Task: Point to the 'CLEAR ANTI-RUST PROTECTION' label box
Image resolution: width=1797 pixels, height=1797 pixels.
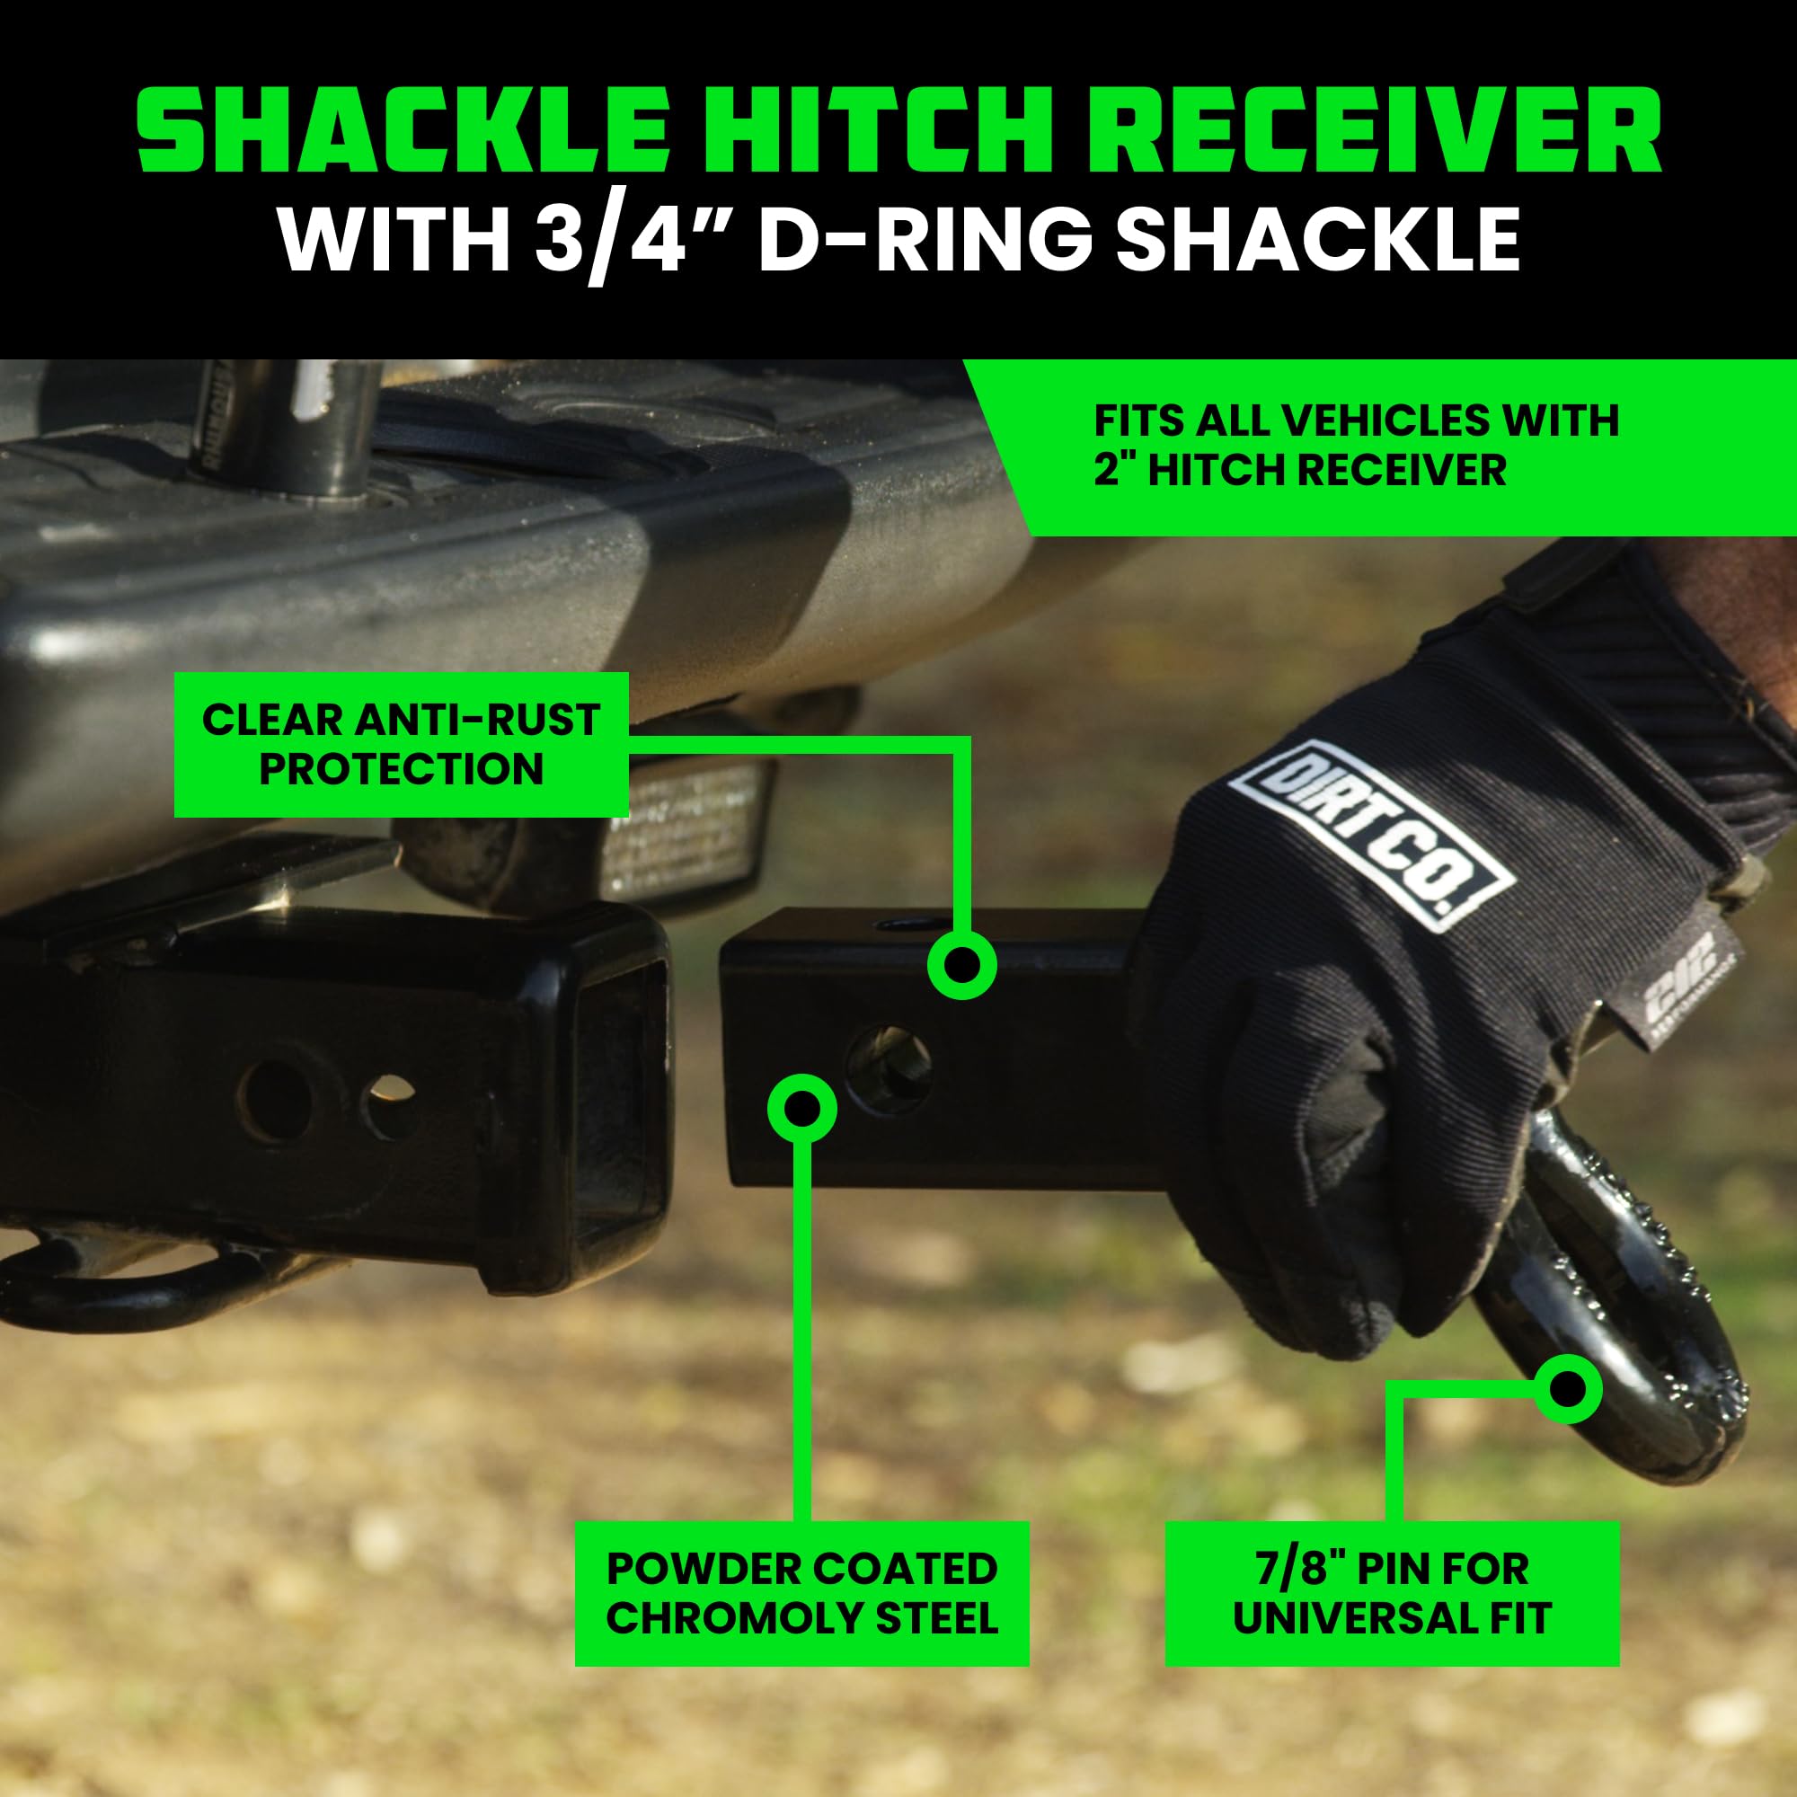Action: point(401,745)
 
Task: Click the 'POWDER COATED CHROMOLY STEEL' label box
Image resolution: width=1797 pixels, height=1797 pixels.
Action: point(801,1593)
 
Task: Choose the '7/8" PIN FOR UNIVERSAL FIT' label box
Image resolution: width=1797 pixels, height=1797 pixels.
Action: point(1392,1593)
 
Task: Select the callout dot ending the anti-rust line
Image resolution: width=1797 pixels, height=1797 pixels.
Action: point(961,967)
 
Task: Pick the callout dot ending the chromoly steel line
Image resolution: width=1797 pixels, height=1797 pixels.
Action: point(801,1109)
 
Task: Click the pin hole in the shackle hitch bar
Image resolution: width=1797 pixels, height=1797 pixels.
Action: point(890,1068)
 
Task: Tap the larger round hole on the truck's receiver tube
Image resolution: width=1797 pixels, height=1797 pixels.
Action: point(273,1101)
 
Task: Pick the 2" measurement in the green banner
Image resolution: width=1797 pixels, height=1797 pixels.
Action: point(1114,470)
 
